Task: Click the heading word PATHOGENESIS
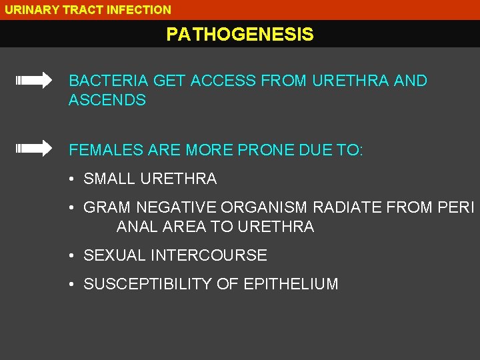(x=240, y=34)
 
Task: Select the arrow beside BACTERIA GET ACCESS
(x=34, y=81)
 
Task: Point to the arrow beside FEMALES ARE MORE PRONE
(x=34, y=148)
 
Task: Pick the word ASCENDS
(x=107, y=101)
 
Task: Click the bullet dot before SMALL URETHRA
(x=71, y=179)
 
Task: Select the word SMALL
(x=109, y=179)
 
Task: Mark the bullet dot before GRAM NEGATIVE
(x=71, y=208)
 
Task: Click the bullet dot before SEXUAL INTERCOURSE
(x=71, y=256)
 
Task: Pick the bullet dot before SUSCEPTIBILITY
(x=71, y=285)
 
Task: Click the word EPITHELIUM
(x=291, y=284)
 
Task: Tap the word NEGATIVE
(x=177, y=207)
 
